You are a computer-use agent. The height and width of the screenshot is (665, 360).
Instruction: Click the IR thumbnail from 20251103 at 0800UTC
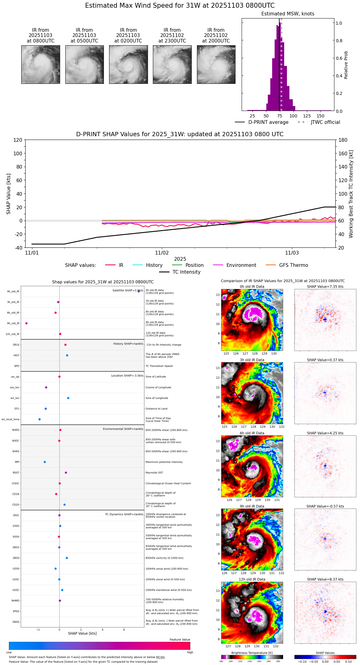click(41, 64)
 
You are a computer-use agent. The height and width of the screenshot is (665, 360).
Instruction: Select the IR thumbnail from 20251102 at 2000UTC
click(216, 64)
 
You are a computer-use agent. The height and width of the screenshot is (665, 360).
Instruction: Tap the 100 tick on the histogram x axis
click(293, 116)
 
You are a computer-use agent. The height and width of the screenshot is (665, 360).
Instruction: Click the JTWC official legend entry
click(325, 122)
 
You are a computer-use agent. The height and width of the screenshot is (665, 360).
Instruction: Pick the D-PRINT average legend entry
click(268, 122)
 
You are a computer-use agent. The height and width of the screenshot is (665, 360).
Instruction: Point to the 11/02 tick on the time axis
click(162, 253)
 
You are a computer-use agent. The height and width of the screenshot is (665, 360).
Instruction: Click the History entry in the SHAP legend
click(154, 265)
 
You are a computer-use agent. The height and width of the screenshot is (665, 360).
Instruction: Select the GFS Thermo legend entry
click(293, 265)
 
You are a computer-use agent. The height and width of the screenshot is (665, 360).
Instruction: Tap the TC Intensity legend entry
click(186, 272)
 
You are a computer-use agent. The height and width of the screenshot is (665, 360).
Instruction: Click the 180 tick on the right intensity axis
click(343, 140)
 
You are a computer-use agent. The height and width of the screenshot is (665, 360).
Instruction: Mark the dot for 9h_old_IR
click(27, 323)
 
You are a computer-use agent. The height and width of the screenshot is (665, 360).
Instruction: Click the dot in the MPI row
click(45, 462)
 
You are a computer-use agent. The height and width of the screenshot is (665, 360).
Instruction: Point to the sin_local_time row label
click(10, 419)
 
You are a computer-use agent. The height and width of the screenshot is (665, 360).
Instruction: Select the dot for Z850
click(67, 558)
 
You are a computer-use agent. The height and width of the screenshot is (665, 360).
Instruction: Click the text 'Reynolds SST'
click(154, 473)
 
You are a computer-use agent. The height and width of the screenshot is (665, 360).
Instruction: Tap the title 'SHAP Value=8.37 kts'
click(325, 579)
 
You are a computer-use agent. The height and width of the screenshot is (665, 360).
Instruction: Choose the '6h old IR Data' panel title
click(252, 433)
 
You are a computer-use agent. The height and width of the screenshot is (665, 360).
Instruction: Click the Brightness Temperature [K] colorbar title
click(252, 653)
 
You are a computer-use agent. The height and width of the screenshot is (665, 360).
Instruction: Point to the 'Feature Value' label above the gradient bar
click(180, 640)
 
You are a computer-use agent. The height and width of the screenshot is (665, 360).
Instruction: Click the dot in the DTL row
click(46, 409)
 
